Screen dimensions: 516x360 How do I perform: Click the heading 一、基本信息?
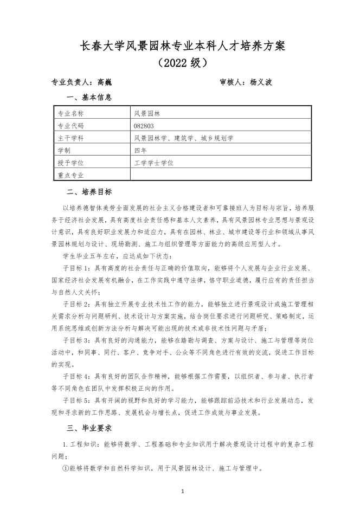tap(89, 98)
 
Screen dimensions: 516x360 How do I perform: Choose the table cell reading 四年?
tap(140, 150)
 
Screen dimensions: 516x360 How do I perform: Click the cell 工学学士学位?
tap(153, 162)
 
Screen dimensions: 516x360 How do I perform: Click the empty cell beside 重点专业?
tap(221, 175)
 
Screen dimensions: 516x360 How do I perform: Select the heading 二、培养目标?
tap(89, 191)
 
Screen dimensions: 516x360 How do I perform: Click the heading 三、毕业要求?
tap(89, 428)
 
